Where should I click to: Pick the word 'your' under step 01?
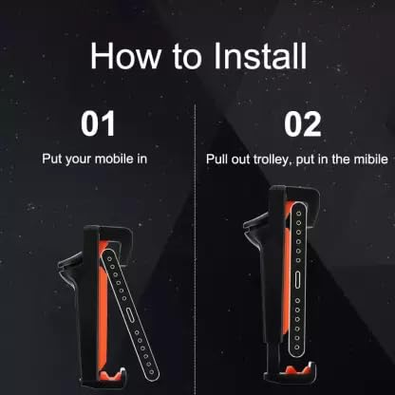click(85, 157)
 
